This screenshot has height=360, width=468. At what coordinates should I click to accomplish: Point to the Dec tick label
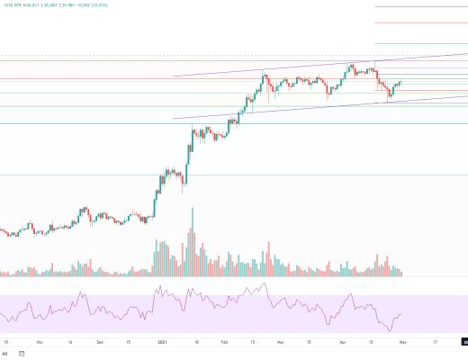pyautogui.click(x=100, y=342)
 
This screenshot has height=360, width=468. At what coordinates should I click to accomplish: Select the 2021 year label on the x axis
pyautogui.click(x=162, y=342)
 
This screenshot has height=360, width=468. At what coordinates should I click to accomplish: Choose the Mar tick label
pyautogui.click(x=280, y=342)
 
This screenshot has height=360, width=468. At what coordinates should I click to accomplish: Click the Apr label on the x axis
pyautogui.click(x=343, y=342)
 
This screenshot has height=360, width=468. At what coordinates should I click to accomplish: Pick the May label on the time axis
pyautogui.click(x=406, y=342)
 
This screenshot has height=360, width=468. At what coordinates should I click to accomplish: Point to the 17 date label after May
pyautogui.click(x=436, y=342)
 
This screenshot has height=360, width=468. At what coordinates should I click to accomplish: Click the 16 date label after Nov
pyautogui.click(x=69, y=342)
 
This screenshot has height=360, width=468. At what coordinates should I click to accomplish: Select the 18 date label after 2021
pyautogui.click(x=193, y=342)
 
